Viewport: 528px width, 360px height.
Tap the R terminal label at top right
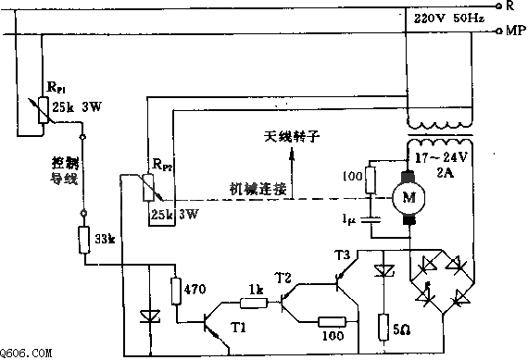pyautogui.click(x=511, y=6)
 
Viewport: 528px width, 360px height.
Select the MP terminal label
pyautogui.click(x=514, y=31)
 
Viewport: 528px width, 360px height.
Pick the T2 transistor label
pyautogui.click(x=283, y=277)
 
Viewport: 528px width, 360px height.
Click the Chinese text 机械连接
pyautogui.click(x=259, y=187)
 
